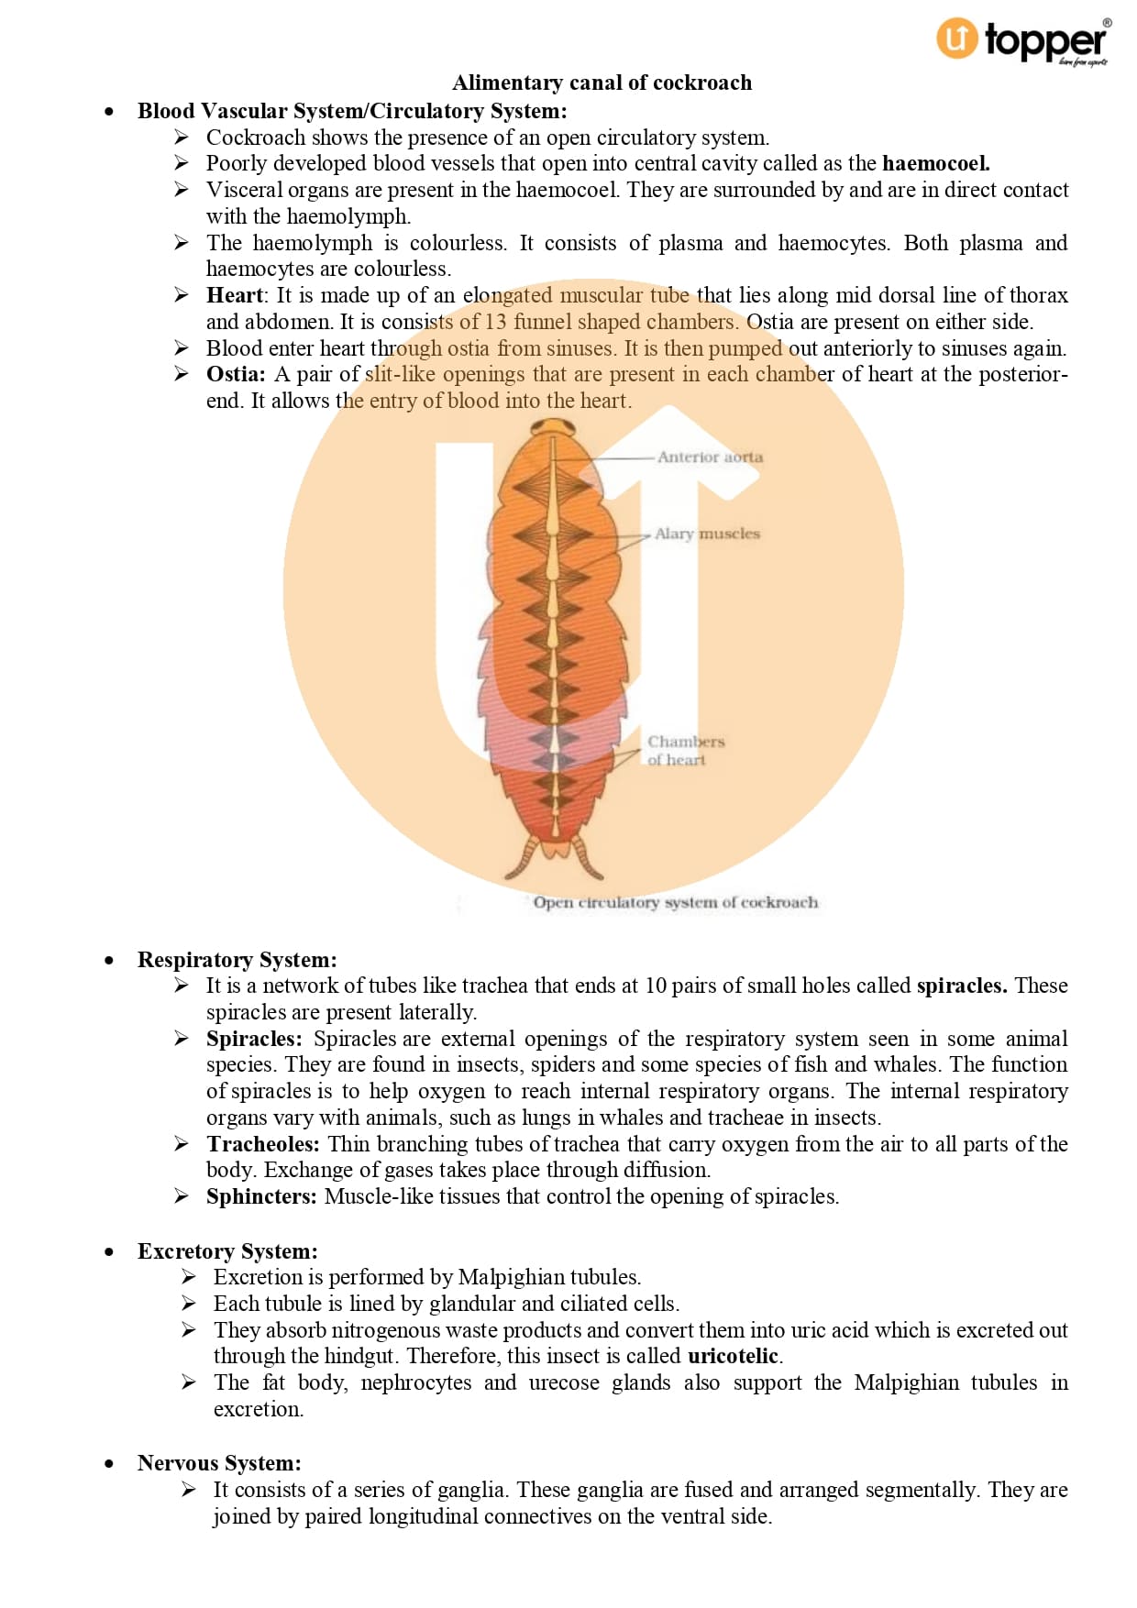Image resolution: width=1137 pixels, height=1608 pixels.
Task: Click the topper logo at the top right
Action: coord(1022,41)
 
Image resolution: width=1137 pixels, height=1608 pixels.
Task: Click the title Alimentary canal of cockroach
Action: coord(602,83)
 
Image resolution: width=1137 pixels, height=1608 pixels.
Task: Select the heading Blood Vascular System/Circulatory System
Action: coord(352,111)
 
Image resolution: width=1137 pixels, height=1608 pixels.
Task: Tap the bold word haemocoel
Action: coord(935,163)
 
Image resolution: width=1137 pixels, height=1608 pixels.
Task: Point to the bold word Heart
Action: coord(234,295)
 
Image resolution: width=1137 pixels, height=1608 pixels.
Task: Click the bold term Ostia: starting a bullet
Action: coord(236,374)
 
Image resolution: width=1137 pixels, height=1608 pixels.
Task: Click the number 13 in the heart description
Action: coord(495,322)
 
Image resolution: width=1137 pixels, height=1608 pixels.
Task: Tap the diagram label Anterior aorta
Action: coord(710,457)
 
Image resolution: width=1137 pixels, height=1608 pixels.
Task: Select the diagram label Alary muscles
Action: coord(707,534)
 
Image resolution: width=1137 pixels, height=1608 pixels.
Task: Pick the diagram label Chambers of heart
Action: coord(685,750)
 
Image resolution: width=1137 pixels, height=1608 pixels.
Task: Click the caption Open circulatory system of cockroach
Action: coord(675,902)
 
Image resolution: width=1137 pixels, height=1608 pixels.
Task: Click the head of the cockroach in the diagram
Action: coord(552,428)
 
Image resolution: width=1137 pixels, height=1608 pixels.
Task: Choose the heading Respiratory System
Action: coord(237,960)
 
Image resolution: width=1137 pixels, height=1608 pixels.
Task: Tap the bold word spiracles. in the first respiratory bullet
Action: coord(961,986)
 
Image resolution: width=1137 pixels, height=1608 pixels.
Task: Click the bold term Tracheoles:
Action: coord(263,1144)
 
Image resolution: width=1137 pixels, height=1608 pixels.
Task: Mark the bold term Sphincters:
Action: coord(261,1196)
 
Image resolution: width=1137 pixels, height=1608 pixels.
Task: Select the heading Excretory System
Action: coord(227,1251)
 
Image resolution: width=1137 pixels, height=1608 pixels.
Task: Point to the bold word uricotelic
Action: coord(734,1356)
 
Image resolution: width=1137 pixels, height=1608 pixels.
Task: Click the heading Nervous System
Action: coord(219,1463)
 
